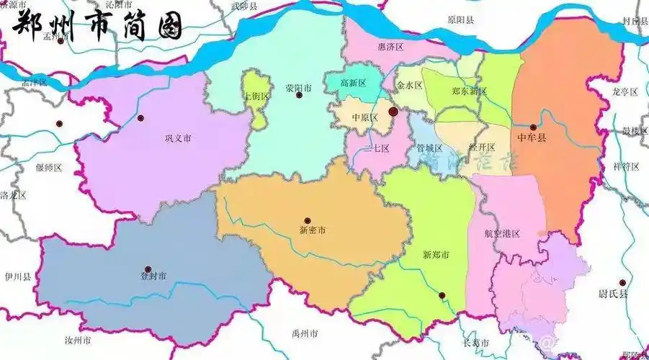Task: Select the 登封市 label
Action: coord(153,276)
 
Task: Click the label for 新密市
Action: coord(312,230)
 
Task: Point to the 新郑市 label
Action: coord(436,255)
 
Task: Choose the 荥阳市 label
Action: coord(298,88)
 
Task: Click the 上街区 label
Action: coord(256,96)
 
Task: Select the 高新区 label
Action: coord(354,83)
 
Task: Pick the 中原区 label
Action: coord(364,117)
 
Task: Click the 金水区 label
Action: coord(409,85)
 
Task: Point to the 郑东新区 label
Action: coord(469,91)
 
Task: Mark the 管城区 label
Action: coord(429,148)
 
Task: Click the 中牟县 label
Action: coord(532,136)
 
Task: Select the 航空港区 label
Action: coord(502,234)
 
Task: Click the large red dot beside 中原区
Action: coord(393,112)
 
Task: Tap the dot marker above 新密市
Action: coord(308,220)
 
